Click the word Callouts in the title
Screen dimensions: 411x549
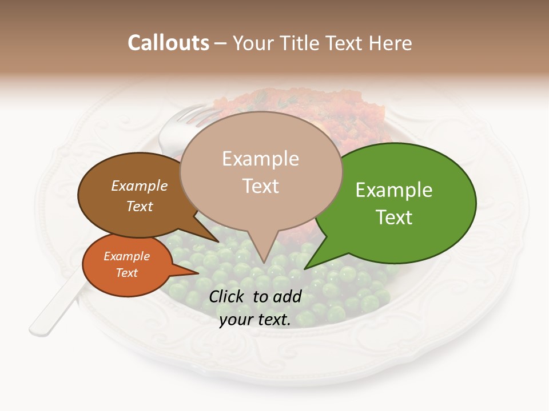coord(168,43)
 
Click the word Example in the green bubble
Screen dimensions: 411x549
coord(394,190)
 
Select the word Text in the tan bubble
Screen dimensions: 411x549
coord(261,186)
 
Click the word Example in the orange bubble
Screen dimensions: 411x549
coord(126,256)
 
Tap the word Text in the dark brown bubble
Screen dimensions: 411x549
coord(140,206)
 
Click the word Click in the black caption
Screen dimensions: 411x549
coord(228,296)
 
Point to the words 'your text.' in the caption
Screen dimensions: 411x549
coord(255,320)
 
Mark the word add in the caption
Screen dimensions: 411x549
coord(287,296)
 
